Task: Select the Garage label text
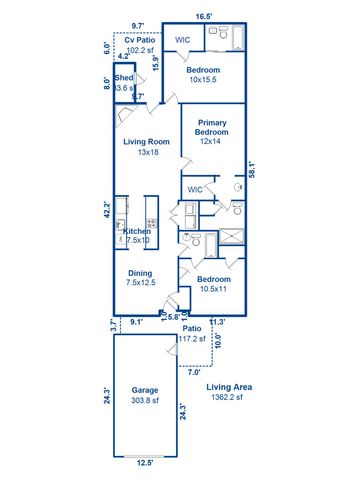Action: [x=145, y=390]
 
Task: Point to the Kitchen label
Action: [x=137, y=231]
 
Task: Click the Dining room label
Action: [x=140, y=272]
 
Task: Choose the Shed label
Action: [x=124, y=77]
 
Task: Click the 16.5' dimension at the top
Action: [x=204, y=17]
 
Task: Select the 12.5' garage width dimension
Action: [x=145, y=463]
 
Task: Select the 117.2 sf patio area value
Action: [x=191, y=338]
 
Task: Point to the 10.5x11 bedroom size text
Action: [x=213, y=289]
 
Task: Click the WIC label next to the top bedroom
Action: [x=183, y=40]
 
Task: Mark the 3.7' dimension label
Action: [x=113, y=324]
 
